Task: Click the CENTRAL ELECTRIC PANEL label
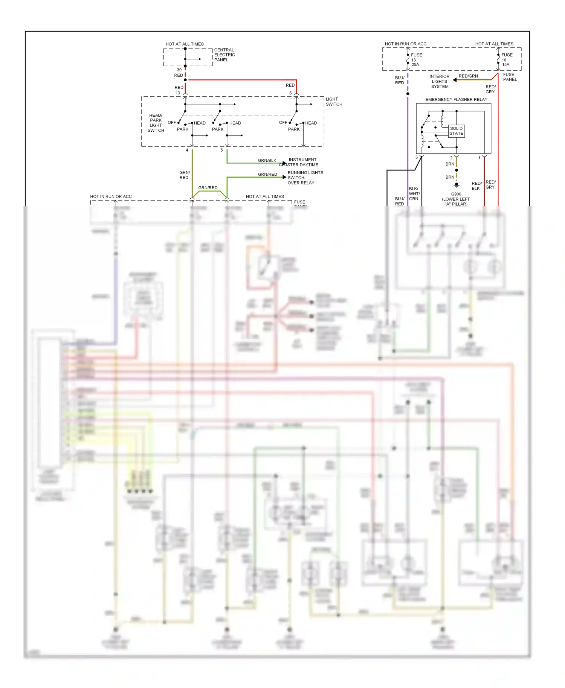point(224,55)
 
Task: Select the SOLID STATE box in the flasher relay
point(456,131)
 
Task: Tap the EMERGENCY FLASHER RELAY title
point(456,100)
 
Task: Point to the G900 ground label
point(456,194)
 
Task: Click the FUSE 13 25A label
point(415,60)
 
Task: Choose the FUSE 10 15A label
point(506,60)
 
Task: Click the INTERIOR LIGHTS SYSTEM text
point(440,81)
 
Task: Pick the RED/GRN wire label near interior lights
point(468,76)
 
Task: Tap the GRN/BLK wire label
point(267,160)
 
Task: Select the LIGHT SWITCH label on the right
point(334,102)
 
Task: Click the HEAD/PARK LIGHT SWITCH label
point(156,123)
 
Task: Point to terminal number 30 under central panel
point(179,70)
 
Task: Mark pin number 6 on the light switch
point(290,93)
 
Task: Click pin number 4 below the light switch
point(187,150)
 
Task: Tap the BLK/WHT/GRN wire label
point(414,194)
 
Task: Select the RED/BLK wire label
point(476,186)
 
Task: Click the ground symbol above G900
point(457,186)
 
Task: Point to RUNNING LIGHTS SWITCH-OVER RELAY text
point(305,178)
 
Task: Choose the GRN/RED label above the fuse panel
point(208,187)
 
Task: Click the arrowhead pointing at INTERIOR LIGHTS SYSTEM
point(455,80)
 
